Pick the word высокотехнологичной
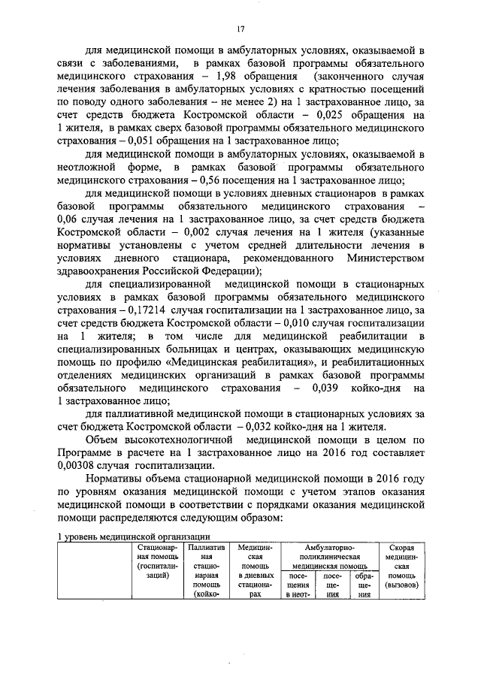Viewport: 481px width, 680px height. click(x=183, y=439)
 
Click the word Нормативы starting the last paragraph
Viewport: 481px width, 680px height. click(x=116, y=478)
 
